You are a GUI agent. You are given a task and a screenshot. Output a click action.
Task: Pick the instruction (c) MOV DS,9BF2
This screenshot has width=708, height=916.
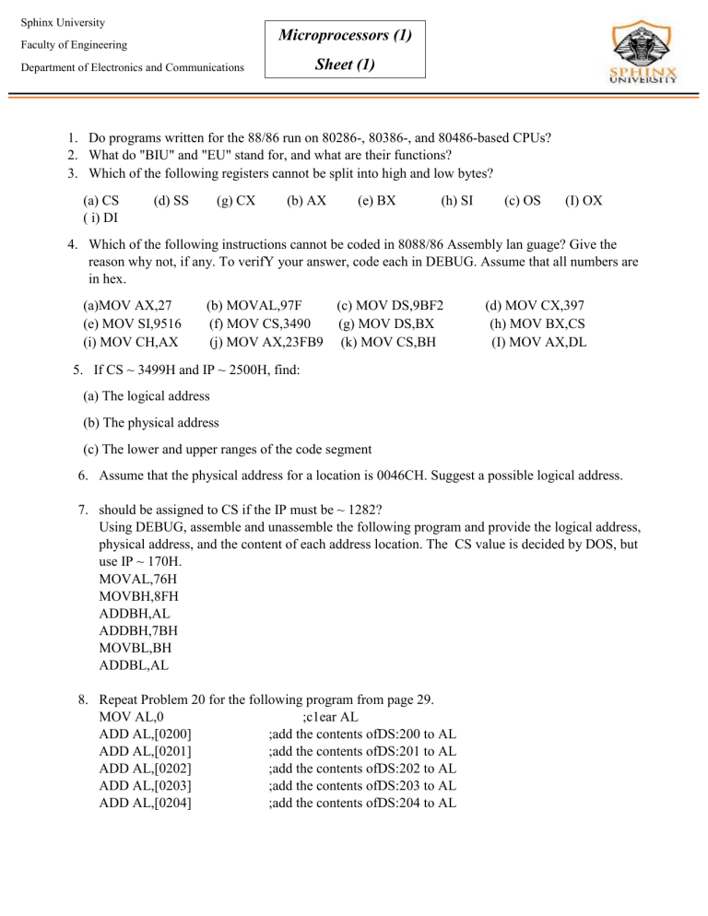[390, 304]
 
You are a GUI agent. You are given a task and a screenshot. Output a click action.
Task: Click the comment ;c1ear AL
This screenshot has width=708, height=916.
[330, 716]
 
